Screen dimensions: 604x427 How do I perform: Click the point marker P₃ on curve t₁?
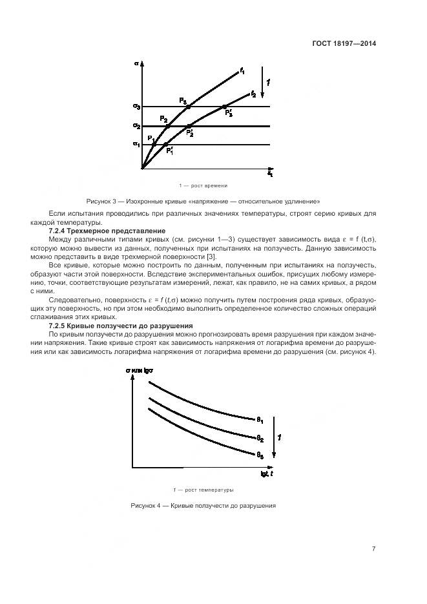click(x=188, y=106)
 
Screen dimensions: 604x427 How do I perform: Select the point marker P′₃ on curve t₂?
click(x=224, y=107)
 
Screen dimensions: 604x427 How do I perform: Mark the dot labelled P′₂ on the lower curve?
click(x=189, y=126)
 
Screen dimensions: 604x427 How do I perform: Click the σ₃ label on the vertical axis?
click(x=137, y=106)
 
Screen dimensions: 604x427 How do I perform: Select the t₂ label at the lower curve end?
click(x=253, y=94)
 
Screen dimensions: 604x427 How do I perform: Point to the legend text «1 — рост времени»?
click(x=205, y=185)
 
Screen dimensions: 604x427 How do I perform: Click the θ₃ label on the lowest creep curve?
click(x=259, y=455)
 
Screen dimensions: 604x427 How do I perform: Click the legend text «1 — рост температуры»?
click(x=203, y=489)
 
